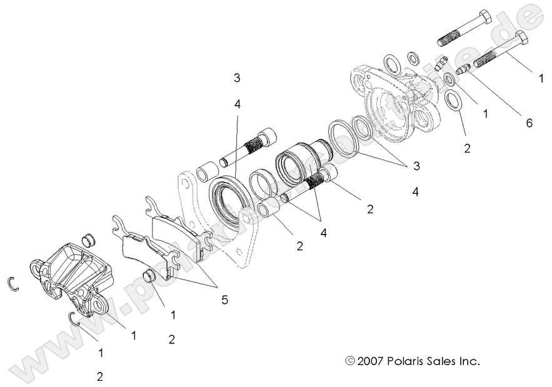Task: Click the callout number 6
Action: click(x=529, y=123)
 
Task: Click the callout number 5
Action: click(x=224, y=299)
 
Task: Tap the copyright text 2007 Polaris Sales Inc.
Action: click(x=413, y=361)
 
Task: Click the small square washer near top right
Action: click(x=413, y=59)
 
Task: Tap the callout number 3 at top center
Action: click(x=237, y=78)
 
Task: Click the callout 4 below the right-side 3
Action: click(x=415, y=192)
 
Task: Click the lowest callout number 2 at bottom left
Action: click(x=99, y=376)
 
